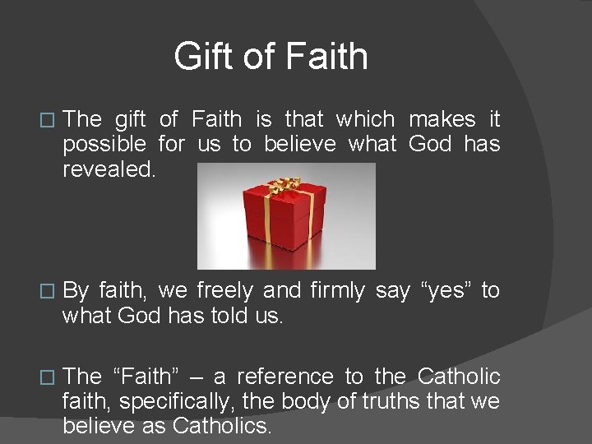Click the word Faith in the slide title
[x=326, y=58]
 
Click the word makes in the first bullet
[x=442, y=119]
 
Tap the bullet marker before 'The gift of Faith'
[x=48, y=121]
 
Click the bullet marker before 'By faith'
[x=48, y=292]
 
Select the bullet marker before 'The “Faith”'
[x=48, y=378]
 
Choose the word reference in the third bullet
[x=284, y=377]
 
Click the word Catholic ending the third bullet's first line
[x=459, y=377]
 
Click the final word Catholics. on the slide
[x=221, y=427]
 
